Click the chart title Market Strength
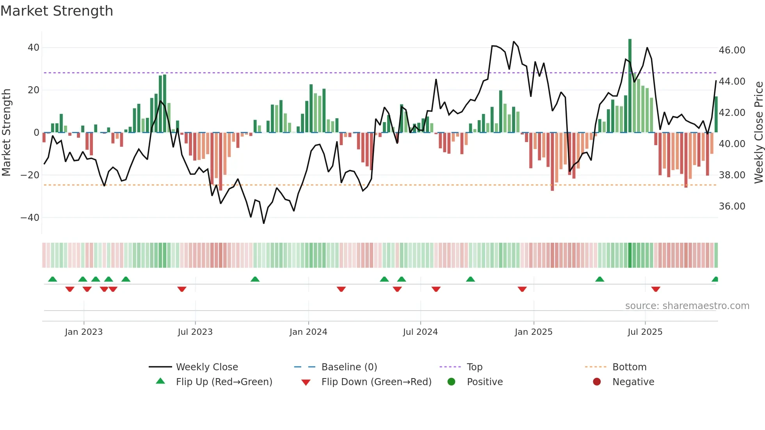(x=57, y=11)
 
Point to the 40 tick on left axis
(x=34, y=48)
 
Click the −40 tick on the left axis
(x=30, y=217)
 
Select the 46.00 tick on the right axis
(x=732, y=50)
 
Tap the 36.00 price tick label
(x=732, y=206)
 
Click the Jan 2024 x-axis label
(x=308, y=332)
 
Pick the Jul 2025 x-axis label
(x=645, y=332)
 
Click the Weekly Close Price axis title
(x=758, y=132)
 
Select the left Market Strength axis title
(x=7, y=132)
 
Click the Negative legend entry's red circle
(x=596, y=382)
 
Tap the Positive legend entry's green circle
(x=451, y=382)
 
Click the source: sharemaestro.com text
(x=687, y=306)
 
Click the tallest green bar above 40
(x=630, y=86)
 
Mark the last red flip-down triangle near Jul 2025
(x=655, y=289)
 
